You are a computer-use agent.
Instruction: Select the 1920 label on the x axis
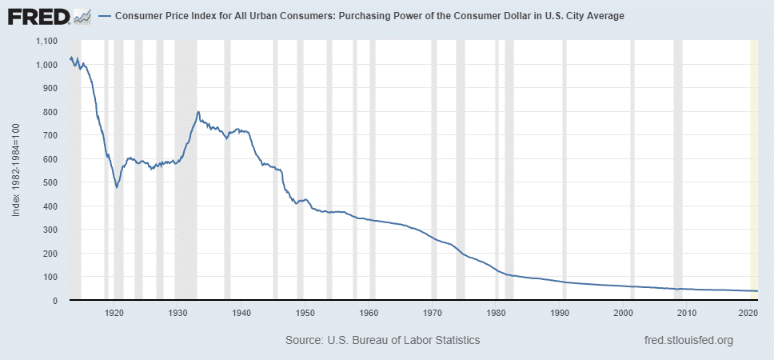pyautogui.click(x=114, y=312)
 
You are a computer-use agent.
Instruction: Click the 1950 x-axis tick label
pyautogui.click(x=304, y=312)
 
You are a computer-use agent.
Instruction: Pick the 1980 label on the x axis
pyautogui.click(x=496, y=312)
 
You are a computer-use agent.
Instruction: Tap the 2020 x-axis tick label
pyautogui.click(x=748, y=312)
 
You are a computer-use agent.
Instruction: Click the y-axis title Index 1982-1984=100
pyautogui.click(x=16, y=170)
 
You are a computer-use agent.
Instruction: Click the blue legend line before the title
pyautogui.click(x=104, y=16)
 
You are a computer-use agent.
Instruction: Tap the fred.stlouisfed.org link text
pyautogui.click(x=688, y=340)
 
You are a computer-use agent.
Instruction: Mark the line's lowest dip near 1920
pyautogui.click(x=117, y=187)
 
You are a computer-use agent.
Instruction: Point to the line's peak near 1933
pyautogui.click(x=197, y=112)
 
